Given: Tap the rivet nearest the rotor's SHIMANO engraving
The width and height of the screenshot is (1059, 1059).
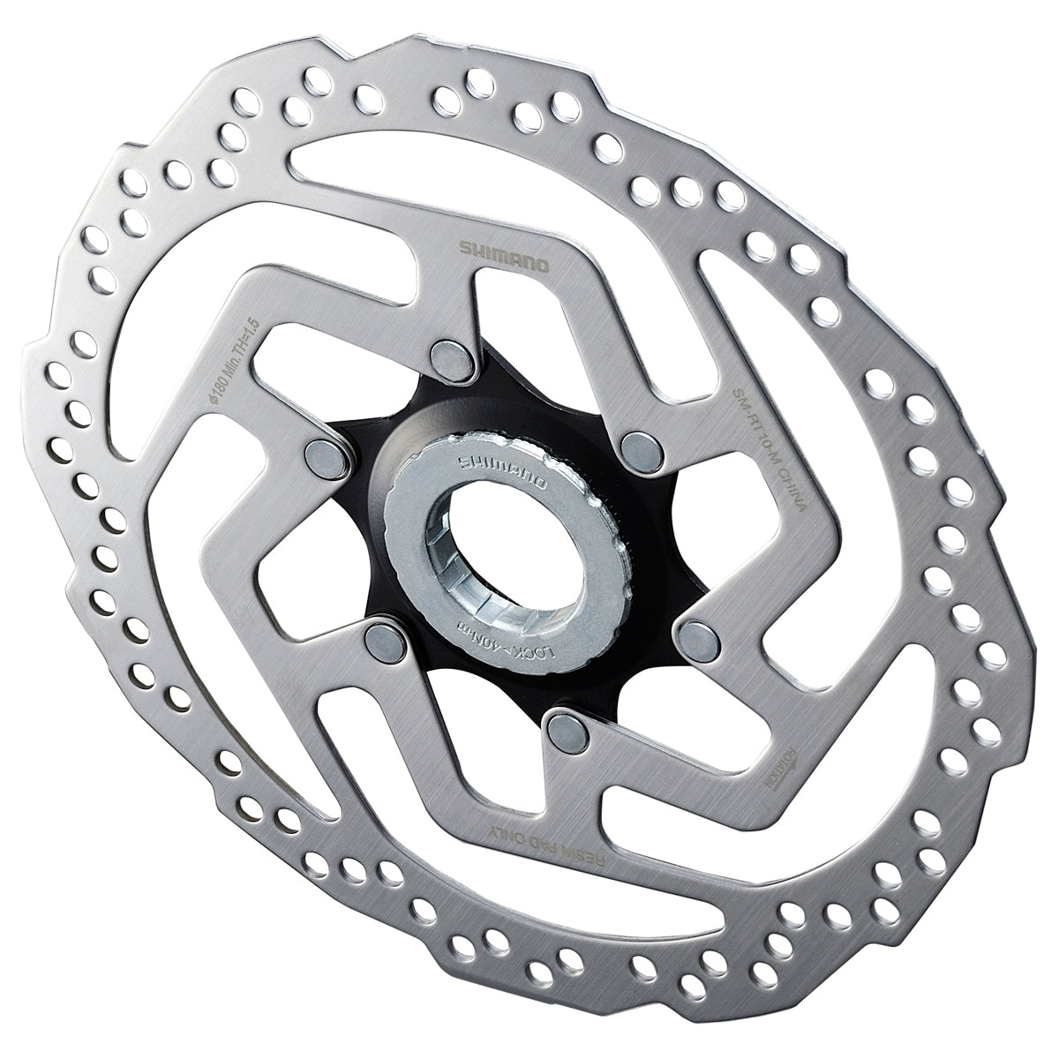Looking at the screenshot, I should pyautogui.click(x=451, y=354).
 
